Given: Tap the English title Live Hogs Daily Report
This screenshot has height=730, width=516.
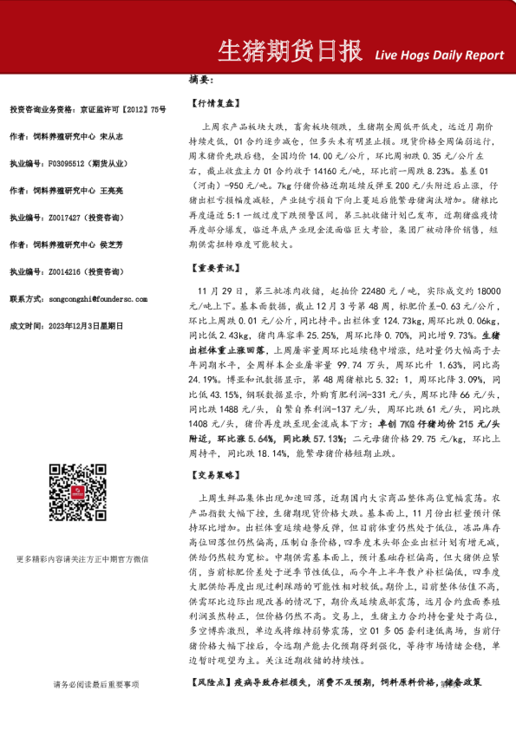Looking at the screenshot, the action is tap(440, 55).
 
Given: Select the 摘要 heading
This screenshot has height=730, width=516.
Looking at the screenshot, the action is tap(200, 80).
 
